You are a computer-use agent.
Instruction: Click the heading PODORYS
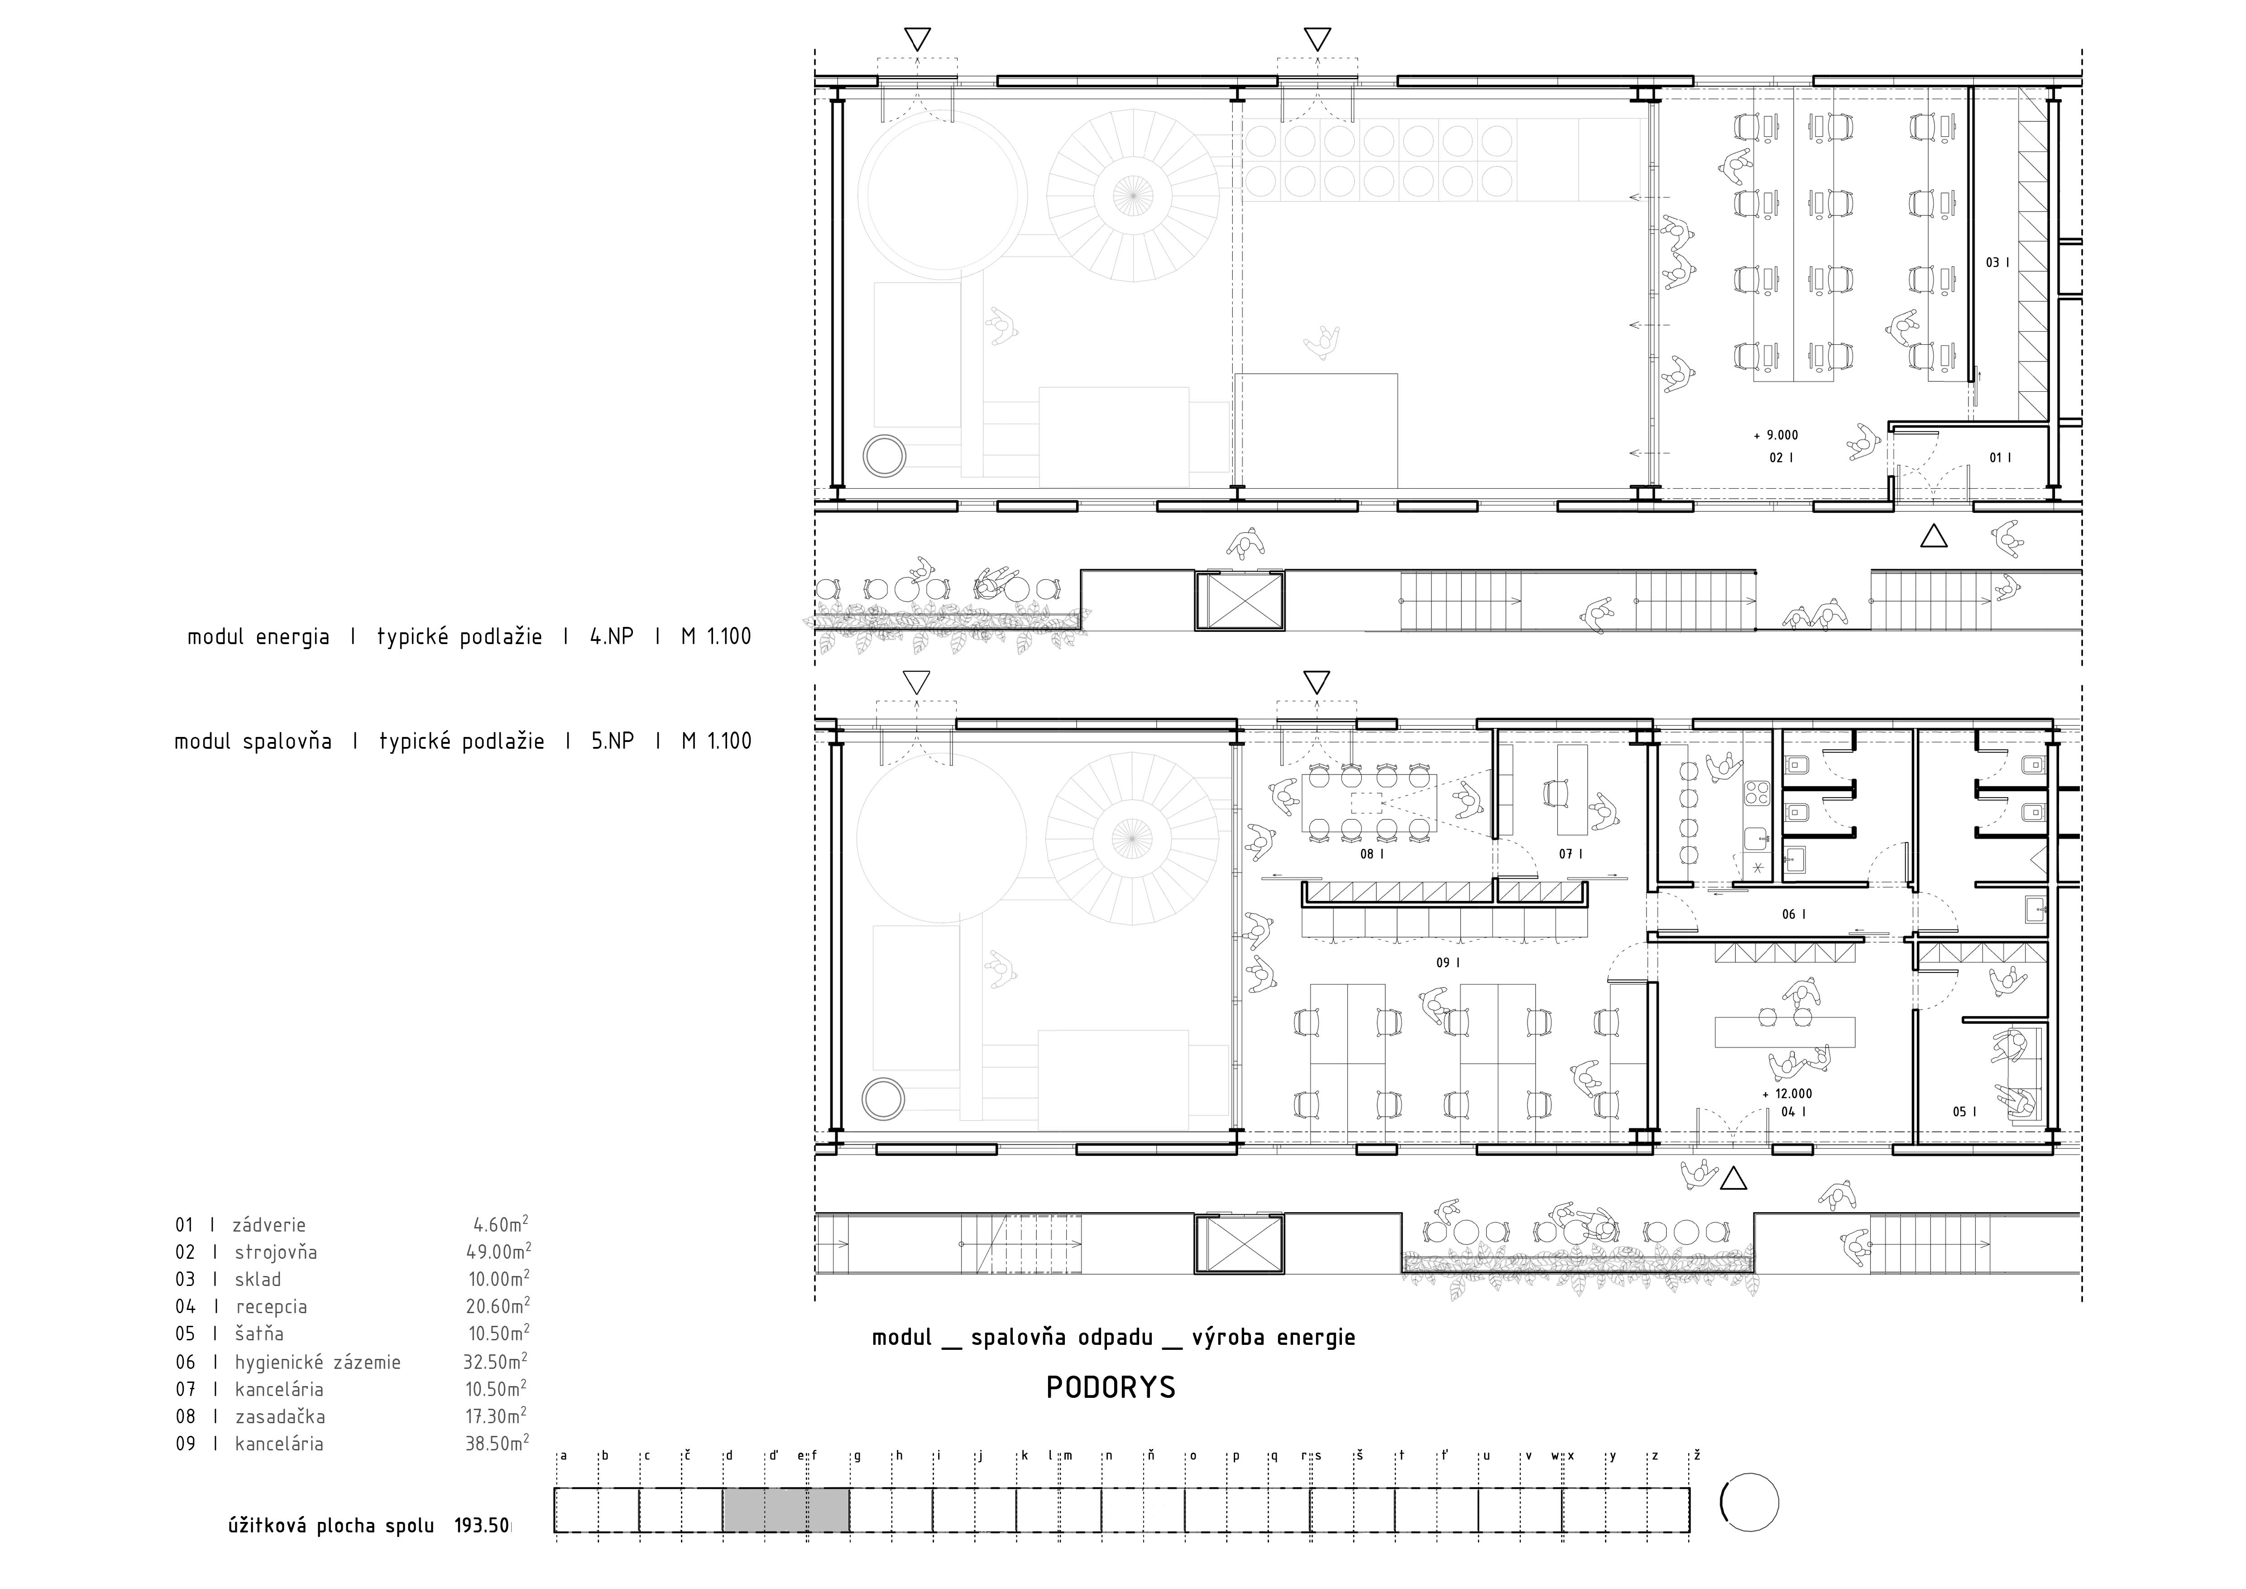click(1110, 1387)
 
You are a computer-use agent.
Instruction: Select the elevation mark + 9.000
click(1776, 435)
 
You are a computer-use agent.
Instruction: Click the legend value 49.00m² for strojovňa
click(498, 1252)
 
